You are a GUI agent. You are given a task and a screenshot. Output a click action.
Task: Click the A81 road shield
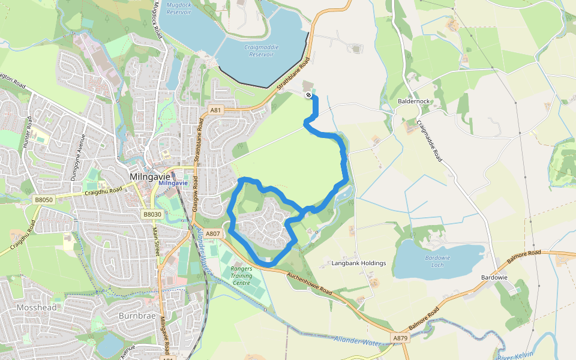coord(216,110)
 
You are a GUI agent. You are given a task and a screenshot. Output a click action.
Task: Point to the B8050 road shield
coord(44,199)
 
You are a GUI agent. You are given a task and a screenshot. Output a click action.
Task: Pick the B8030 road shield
coord(152,214)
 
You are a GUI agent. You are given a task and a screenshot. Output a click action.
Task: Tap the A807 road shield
coord(213,233)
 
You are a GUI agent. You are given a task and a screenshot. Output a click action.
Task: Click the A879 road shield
coord(401,338)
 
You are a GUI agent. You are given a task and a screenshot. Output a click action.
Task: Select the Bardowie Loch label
coord(437,261)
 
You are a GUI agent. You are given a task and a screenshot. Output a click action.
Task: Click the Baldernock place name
coord(413,101)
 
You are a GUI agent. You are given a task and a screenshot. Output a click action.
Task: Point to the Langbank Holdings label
coord(359,263)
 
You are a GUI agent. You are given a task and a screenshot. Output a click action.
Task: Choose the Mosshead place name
coord(37,308)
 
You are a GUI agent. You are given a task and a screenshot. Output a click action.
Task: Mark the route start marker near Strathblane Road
coord(308,95)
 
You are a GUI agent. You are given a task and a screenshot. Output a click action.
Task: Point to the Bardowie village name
coord(494,278)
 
